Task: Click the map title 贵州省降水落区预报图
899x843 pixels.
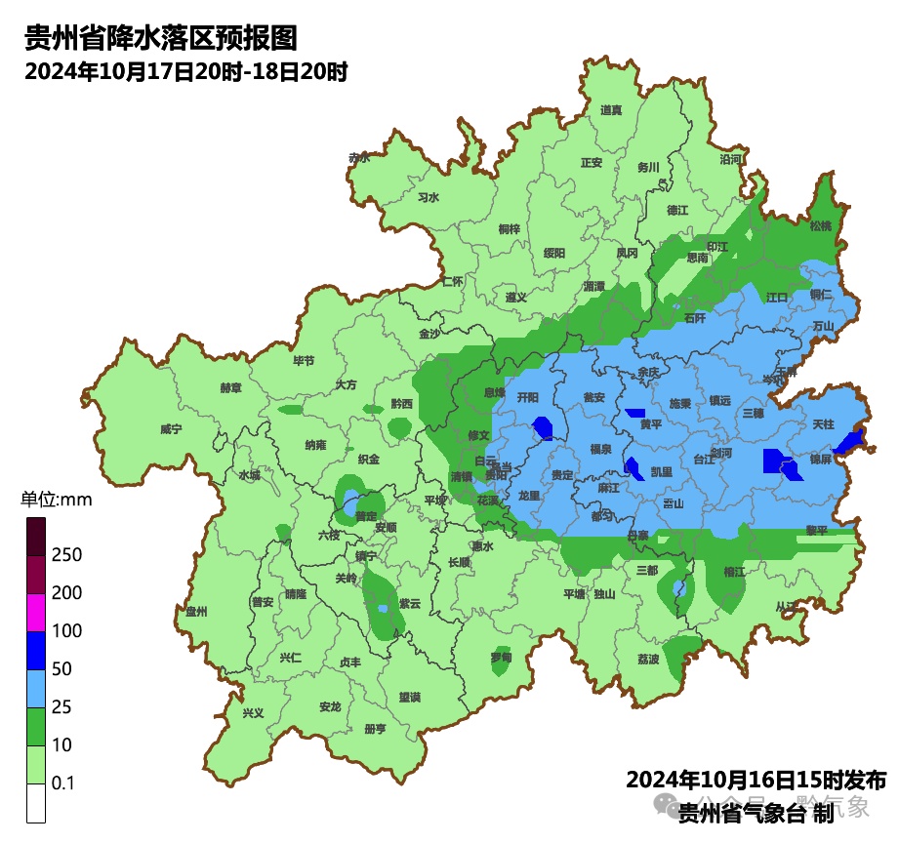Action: coord(160,38)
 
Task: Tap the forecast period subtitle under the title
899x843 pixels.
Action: coord(186,72)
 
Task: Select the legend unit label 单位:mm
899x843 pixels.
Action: coord(57,501)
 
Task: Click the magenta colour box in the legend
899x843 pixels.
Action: coord(36,612)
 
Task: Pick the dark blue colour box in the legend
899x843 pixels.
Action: coord(36,650)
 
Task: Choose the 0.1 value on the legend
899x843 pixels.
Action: coord(64,783)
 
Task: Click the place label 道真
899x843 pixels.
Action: coord(611,110)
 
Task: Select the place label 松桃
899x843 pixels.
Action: coord(821,225)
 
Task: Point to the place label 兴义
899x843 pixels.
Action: coord(253,713)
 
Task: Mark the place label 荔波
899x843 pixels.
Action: coord(648,660)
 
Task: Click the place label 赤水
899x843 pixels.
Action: coord(359,157)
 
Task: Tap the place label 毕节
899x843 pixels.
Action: coord(305,360)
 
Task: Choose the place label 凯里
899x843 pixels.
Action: coord(662,472)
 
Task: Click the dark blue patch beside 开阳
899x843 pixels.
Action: coord(544,426)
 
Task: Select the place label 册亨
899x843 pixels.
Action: coord(375,729)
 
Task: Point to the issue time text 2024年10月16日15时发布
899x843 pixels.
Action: coord(756,781)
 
